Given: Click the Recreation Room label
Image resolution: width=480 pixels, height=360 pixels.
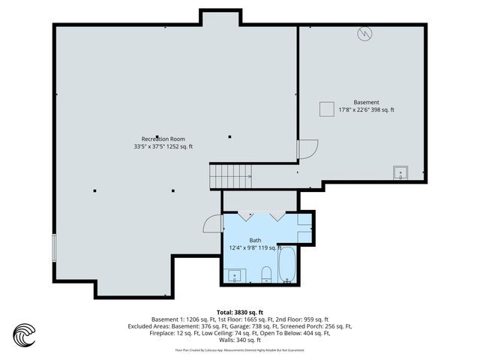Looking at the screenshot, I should tap(163, 139).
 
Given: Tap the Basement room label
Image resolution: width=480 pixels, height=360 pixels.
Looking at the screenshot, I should tap(366, 102).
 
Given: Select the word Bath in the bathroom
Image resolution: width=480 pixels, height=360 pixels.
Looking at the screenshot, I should tap(255, 240).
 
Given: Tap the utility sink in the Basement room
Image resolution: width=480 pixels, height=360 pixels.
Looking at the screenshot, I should tap(400, 173).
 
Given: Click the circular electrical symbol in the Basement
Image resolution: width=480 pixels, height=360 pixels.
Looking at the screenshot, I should tap(363, 34).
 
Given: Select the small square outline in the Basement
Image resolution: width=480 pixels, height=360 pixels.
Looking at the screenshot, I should tap(326, 109).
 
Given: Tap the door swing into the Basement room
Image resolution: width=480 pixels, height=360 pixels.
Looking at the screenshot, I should tap(307, 150).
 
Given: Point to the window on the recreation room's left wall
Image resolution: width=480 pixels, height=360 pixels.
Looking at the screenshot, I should tap(54, 247).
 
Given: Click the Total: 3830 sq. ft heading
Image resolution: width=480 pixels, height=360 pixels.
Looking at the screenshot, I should tap(239, 312).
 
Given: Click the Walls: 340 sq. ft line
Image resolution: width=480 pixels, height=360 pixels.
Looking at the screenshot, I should tap(239, 340).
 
